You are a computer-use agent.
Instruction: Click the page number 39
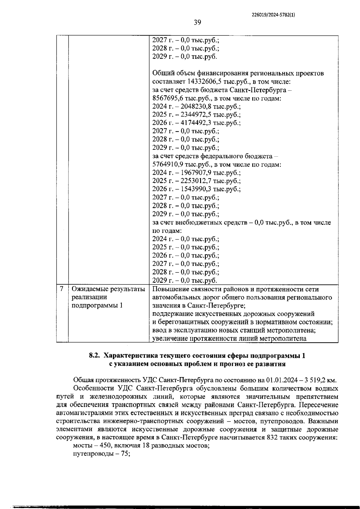click(x=197, y=22)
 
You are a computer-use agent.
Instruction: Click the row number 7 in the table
click(x=62, y=289)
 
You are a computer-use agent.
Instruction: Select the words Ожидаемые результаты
click(x=108, y=289)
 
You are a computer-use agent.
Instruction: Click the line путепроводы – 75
click(x=101, y=454)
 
